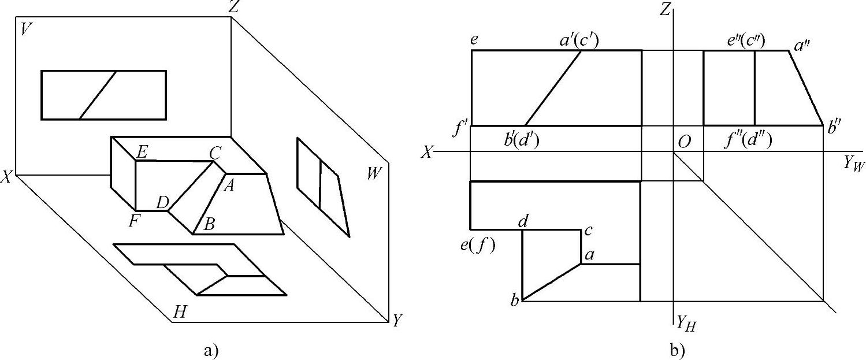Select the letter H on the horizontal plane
point(180,312)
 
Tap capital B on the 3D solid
point(209,224)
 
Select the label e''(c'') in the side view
point(746,40)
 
